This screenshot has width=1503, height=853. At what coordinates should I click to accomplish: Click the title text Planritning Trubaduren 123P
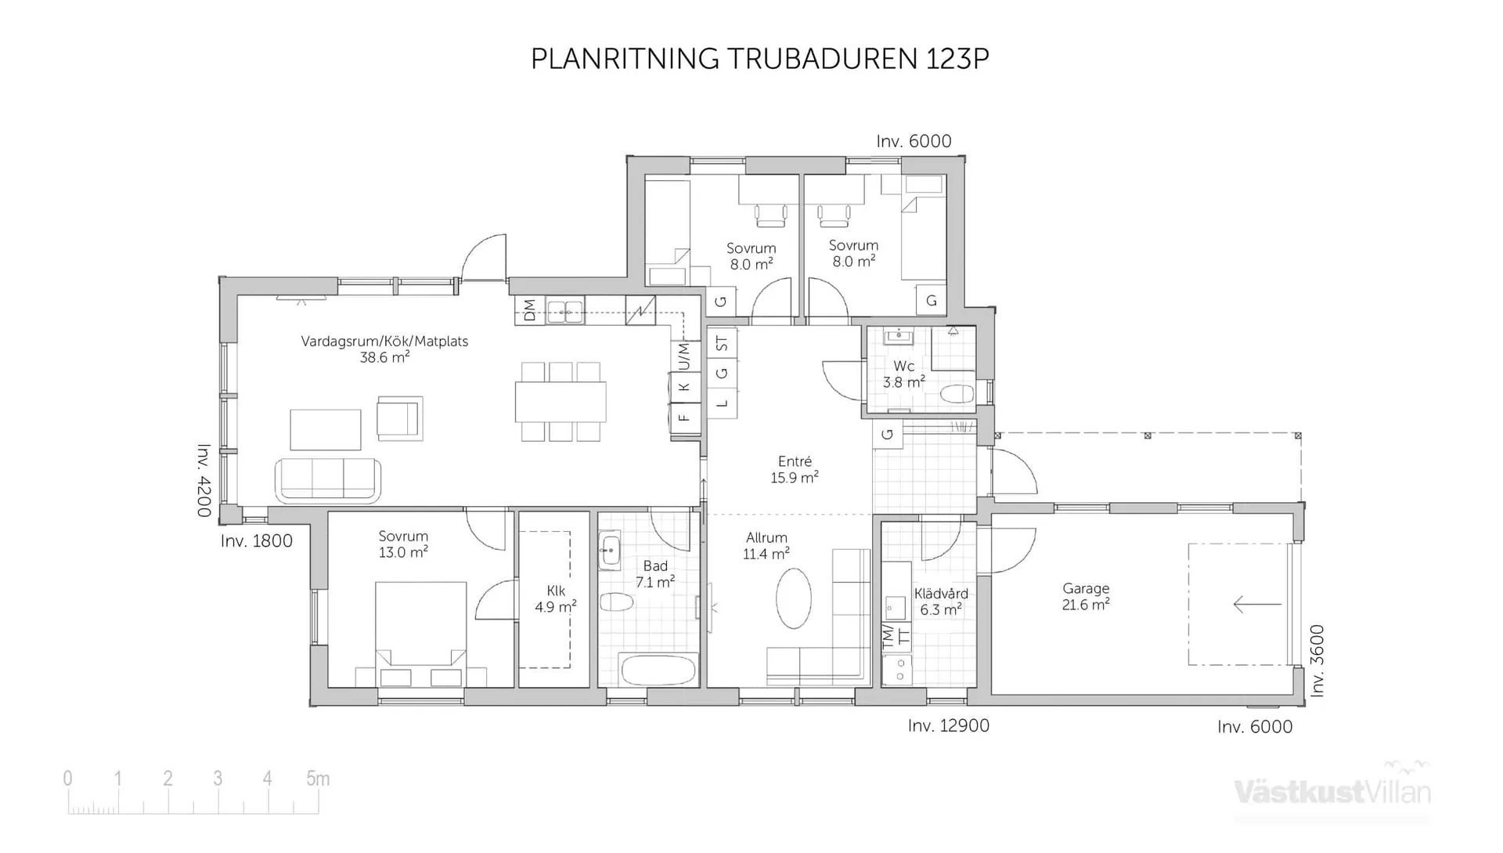pos(759,59)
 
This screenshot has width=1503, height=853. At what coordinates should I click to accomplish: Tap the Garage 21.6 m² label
pos(1086,596)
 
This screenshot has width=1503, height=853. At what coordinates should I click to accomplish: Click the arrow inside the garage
pos(1256,604)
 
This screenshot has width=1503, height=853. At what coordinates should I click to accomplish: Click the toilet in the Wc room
pos(956,393)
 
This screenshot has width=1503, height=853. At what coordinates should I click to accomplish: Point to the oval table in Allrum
pos(794,598)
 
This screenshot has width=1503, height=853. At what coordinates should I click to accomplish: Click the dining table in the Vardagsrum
pos(560,401)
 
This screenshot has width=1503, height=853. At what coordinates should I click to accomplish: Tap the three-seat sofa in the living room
pos(328,479)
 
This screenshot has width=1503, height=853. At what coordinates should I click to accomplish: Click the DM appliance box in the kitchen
pos(529,309)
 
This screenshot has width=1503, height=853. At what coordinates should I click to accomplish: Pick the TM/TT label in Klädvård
pos(896,635)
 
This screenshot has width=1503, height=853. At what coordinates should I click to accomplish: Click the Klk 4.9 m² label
pos(556,598)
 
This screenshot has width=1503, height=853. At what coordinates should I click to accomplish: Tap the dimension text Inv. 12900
pos(948,726)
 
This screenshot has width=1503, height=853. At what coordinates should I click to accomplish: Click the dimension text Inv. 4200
pos(204,480)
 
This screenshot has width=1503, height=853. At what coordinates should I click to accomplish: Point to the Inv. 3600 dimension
pos(1317,660)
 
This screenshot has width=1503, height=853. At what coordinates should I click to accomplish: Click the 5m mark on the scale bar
pos(318,779)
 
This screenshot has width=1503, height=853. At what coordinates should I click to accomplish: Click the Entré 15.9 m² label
pos(795,469)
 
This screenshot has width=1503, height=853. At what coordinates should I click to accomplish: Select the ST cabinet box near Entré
pos(722,343)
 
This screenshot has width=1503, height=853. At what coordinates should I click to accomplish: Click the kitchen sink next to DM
pos(564,311)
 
